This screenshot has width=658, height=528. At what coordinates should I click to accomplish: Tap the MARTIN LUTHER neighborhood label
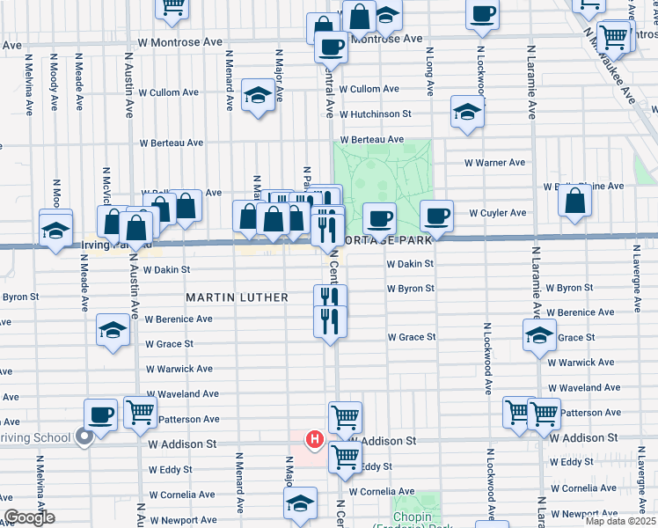click(x=237, y=298)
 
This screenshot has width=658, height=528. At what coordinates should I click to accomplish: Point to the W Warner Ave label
click(x=493, y=162)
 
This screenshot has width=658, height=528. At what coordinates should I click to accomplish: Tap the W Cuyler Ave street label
click(x=497, y=213)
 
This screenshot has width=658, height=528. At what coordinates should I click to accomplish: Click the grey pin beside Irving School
click(x=84, y=436)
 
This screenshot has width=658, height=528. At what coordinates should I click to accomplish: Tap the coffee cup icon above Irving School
click(x=100, y=414)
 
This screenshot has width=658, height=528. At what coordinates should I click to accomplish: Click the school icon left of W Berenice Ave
click(x=112, y=330)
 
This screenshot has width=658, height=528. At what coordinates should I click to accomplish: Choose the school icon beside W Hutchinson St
click(x=467, y=112)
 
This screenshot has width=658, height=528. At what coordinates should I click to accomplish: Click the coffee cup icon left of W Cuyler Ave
click(x=435, y=215)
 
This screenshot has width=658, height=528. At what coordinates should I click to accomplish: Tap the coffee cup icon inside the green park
click(x=379, y=217)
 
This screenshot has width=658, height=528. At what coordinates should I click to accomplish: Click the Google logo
click(x=29, y=517)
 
